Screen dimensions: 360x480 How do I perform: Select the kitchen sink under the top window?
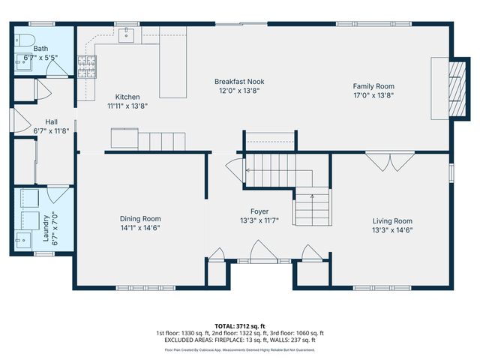point(127,34)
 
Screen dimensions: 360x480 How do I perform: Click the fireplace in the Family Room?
point(448,88)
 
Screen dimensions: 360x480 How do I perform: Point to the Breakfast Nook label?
point(239,82)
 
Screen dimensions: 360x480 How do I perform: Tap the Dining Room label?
point(140,218)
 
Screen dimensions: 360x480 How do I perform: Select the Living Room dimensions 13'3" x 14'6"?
point(393,230)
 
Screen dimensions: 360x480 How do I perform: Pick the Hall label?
point(51,121)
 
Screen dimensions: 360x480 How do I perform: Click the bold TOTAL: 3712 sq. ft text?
point(239,326)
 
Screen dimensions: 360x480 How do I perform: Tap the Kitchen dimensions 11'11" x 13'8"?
point(127,106)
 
